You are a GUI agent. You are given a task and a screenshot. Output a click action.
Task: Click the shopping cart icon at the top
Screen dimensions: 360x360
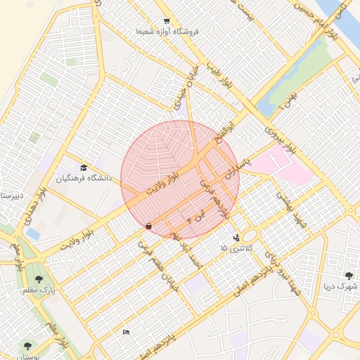(167, 21)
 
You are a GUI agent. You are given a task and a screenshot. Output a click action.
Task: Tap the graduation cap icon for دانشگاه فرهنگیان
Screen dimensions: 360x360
(84, 167)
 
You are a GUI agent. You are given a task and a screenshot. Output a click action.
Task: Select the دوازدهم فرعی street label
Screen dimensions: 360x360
(214, 198)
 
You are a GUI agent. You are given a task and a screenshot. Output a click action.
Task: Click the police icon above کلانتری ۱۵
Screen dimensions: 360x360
(235, 238)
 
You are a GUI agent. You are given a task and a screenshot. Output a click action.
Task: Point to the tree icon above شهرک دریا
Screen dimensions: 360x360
(349, 276)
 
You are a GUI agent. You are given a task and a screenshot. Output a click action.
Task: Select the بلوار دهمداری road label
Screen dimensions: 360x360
(34, 204)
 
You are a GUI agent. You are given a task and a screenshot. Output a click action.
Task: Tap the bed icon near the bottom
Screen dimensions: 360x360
(126, 331)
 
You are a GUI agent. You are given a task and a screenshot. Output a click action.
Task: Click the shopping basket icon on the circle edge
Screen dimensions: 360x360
(148, 226)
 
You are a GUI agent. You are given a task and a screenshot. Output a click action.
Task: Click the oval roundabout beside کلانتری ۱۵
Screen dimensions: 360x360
(250, 236)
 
